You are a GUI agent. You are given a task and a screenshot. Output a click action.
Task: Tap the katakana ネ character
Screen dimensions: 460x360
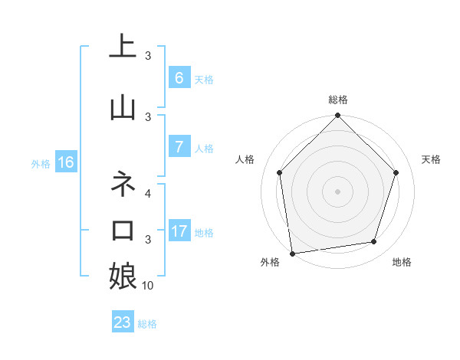coord(123,184)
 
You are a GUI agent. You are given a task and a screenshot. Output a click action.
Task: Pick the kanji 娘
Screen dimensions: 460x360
coord(123,276)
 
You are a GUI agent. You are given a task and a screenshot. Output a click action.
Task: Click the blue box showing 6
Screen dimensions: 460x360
coord(179,78)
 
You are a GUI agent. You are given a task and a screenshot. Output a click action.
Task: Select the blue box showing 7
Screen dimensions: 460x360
coord(179,147)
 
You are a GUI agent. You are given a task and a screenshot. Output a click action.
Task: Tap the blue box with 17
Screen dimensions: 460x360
coord(179,231)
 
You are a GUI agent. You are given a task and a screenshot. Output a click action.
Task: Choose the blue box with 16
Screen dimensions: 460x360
coord(65,162)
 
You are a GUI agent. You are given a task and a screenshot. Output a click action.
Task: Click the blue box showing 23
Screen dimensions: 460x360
coord(123,322)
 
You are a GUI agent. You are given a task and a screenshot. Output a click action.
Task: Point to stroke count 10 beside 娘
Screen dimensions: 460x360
coord(148,286)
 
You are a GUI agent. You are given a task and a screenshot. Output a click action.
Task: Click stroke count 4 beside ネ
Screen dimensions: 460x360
coord(149,193)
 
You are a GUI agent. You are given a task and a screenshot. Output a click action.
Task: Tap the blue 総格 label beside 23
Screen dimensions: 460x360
coord(147,324)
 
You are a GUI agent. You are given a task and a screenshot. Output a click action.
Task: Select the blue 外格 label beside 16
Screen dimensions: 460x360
coord(41,163)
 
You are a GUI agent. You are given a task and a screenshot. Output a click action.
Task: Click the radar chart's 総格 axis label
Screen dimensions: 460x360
coord(338,100)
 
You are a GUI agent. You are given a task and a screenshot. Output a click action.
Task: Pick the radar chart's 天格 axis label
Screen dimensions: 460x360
coord(432,159)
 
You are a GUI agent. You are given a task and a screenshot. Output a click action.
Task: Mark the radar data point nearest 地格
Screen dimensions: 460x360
coord(374,242)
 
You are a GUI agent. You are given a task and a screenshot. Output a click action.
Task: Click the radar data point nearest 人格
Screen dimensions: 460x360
coord(279,172)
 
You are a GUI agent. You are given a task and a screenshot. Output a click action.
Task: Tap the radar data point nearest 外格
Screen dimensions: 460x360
coord(292,253)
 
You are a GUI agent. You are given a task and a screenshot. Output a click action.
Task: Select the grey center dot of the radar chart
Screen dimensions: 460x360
coord(338,191)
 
